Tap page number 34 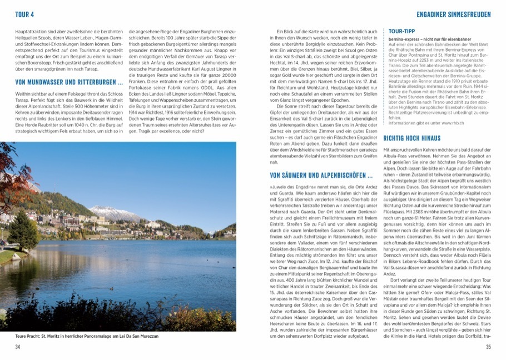18,347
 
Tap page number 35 488,347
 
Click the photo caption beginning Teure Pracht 87,336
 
